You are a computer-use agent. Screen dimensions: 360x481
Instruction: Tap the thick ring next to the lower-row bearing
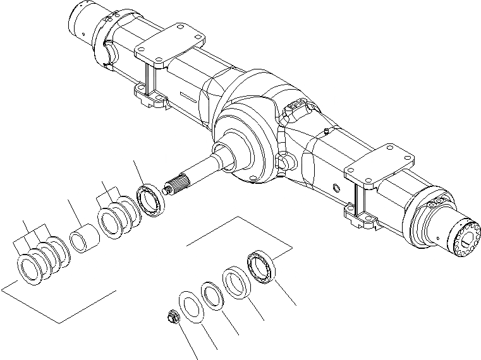click(236, 282)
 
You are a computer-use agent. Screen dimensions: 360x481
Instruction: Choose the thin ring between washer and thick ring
click(214, 295)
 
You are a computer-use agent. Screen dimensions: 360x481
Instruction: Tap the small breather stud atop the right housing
click(324, 131)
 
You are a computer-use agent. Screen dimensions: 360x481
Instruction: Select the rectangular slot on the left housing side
click(190, 97)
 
